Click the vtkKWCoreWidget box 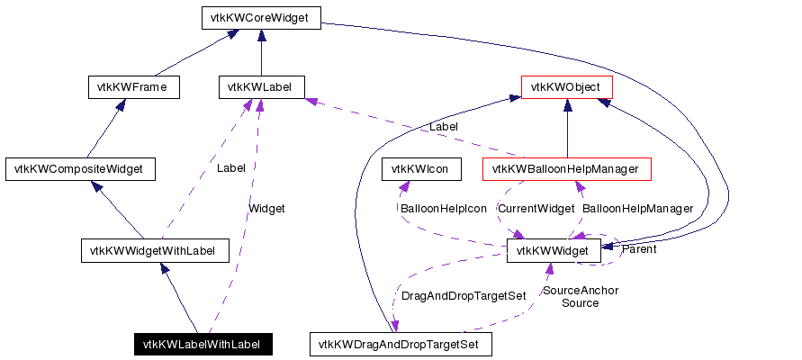click(x=260, y=18)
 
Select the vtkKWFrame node click(x=134, y=87)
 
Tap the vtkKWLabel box click(x=261, y=87)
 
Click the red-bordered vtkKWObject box click(x=567, y=87)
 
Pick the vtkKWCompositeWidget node click(x=80, y=168)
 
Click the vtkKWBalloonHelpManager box click(x=566, y=168)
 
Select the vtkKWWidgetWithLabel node click(x=154, y=250)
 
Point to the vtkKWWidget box click(x=554, y=250)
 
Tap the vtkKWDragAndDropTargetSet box click(x=400, y=344)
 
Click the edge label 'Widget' click(x=266, y=209)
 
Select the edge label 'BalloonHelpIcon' click(x=443, y=209)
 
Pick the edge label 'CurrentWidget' click(x=536, y=209)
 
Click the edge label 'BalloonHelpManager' click(x=637, y=209)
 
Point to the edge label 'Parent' click(x=638, y=249)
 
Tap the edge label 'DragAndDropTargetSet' click(x=463, y=295)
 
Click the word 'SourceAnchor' click(x=580, y=290)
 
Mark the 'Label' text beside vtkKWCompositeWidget click(x=230, y=167)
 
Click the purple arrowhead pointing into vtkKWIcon click(x=404, y=186)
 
